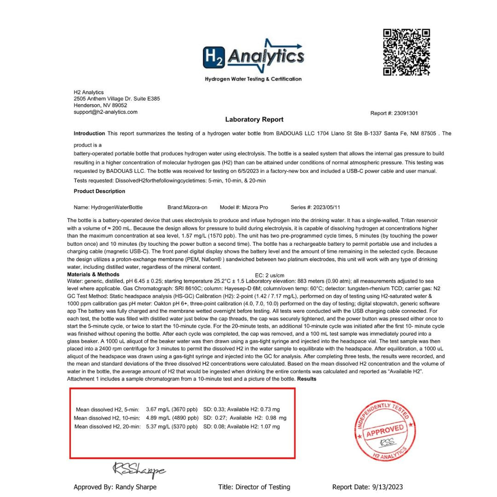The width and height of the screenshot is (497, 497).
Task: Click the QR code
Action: (406, 52)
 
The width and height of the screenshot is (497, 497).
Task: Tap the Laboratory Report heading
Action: (254, 120)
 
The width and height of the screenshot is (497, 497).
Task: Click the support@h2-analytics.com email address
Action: (105, 112)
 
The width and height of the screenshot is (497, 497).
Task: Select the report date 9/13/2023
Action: (387, 487)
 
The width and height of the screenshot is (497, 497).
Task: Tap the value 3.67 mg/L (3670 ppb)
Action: (172, 409)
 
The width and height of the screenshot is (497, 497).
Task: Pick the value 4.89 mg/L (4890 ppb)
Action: (172, 418)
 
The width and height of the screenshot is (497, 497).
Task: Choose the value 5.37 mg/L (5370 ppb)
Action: (172, 427)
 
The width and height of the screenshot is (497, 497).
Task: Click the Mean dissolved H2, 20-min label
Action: (107, 427)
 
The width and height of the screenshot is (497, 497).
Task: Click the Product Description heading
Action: (99, 191)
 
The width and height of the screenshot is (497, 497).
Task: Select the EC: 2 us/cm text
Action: (270, 276)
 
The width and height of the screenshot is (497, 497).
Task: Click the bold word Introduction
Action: (89, 133)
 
